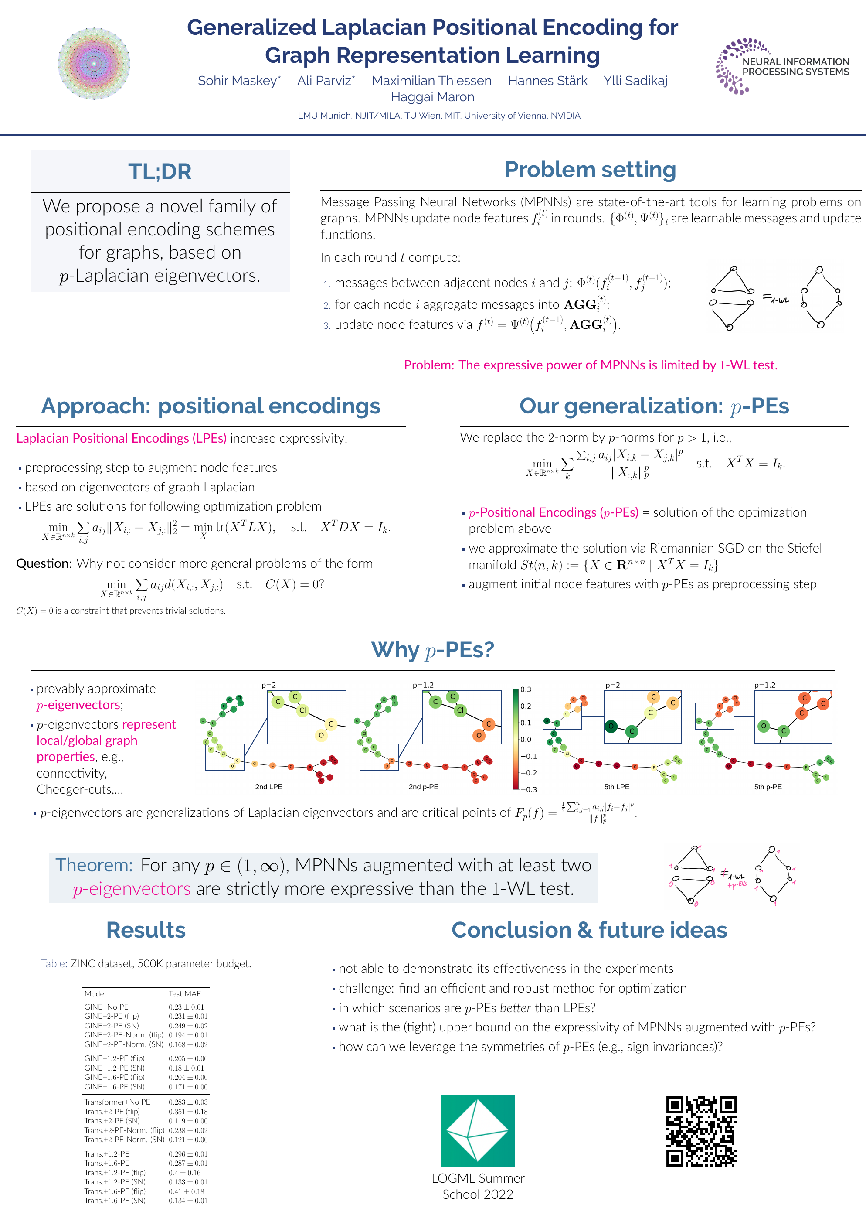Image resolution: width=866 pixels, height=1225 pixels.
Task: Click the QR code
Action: point(701,1131)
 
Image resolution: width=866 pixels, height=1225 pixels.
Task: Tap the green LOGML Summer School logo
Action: point(478,1130)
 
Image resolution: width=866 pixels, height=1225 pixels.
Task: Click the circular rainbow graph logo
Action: point(94,64)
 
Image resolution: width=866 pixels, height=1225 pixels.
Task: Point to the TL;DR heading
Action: point(160,172)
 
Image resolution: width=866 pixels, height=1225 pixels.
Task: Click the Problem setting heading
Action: point(590,170)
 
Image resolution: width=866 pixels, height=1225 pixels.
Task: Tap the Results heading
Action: point(146,930)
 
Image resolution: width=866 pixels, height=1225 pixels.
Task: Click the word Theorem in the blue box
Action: point(94,865)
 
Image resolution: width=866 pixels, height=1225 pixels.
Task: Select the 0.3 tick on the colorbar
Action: point(526,689)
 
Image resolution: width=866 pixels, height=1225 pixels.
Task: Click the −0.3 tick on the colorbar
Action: point(528,789)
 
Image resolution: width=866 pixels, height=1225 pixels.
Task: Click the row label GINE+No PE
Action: point(106,1007)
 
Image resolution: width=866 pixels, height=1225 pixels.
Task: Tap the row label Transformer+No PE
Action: point(117,1102)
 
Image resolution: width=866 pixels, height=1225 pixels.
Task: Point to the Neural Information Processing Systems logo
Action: point(782,66)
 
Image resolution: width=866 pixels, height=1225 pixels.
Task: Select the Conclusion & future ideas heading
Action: point(589,930)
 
